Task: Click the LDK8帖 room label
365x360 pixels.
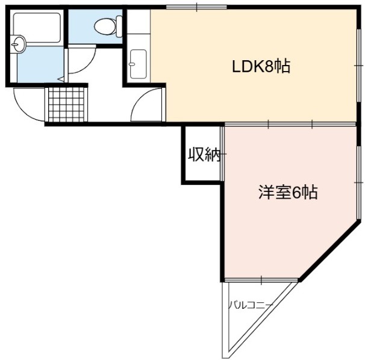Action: [261, 67]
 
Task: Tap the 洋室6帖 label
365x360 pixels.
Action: [288, 192]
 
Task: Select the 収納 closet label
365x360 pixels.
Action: [204, 155]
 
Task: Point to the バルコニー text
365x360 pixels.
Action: [250, 305]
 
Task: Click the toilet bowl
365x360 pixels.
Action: [105, 26]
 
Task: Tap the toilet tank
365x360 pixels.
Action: [119, 26]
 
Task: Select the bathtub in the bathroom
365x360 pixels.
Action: [37, 28]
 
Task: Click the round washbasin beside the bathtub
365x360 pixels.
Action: [18, 43]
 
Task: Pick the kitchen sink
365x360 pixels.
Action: [139, 64]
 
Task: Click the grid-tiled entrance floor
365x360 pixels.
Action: [66, 104]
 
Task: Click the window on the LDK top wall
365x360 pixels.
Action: [197, 7]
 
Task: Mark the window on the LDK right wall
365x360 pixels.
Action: [358, 66]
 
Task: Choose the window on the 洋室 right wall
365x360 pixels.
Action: [358, 182]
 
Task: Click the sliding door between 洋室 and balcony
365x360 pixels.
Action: [261, 280]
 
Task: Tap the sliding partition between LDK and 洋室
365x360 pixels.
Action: [290, 124]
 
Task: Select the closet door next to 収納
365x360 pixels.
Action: [222, 154]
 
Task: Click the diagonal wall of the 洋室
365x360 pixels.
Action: [330, 251]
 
